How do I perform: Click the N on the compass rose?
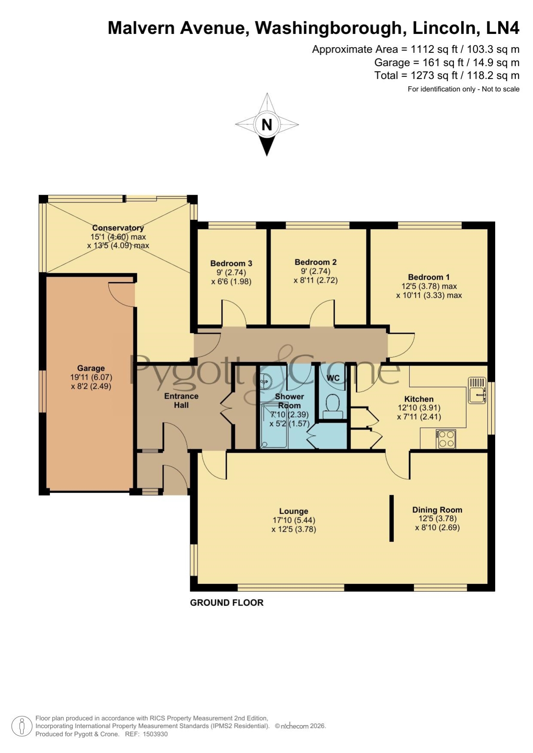pos(267,124)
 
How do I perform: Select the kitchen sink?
pos(477,390)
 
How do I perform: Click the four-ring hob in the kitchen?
pos(446,439)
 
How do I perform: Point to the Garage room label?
pos(91,368)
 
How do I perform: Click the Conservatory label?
pos(118,228)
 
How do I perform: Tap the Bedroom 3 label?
pos(231,263)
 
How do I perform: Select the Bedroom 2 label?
pos(316,262)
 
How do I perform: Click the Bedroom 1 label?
pos(429,277)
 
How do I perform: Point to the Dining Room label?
pos(437,510)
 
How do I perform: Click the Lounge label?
pos(294,511)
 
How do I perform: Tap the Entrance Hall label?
pos(181,400)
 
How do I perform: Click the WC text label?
pos(333,378)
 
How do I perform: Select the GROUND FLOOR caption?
pos(227,603)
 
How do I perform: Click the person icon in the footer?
pos(21,727)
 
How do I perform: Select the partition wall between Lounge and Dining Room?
pos(391,518)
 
